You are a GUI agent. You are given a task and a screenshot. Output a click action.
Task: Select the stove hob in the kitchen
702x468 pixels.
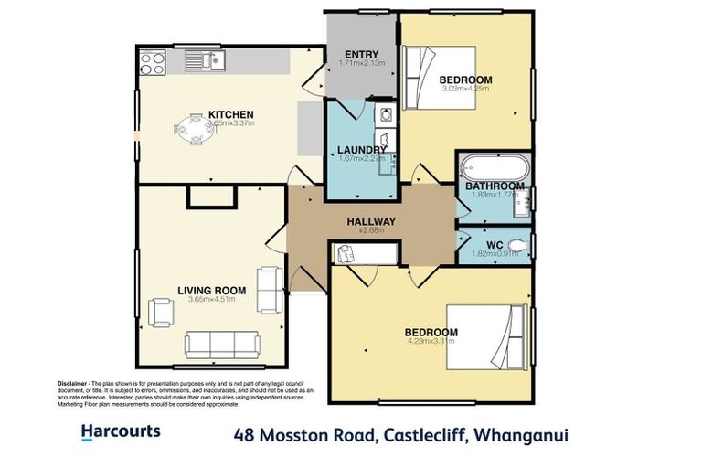(x=151, y=62)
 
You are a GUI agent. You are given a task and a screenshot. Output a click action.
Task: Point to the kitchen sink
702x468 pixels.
(x=207, y=61)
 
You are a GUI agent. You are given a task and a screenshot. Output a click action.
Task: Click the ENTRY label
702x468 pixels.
(x=361, y=53)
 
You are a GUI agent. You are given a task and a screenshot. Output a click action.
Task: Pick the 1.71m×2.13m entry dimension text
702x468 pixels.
(x=361, y=63)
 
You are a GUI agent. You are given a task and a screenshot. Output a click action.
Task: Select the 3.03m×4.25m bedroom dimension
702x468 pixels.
(x=466, y=89)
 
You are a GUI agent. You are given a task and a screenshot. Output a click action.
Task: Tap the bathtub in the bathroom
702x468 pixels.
(x=494, y=168)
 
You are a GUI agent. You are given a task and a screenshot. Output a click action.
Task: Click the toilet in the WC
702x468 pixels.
(x=518, y=244)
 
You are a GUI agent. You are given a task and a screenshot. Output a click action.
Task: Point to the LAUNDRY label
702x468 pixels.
(x=361, y=150)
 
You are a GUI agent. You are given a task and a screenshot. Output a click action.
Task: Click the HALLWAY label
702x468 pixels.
(x=370, y=221)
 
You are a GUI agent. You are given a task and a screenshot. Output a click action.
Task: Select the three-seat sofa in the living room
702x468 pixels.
(x=222, y=344)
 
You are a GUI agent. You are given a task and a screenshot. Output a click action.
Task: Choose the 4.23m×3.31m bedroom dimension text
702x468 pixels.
(x=431, y=341)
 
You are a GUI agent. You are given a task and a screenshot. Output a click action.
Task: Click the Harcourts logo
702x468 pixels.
(x=121, y=431)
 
